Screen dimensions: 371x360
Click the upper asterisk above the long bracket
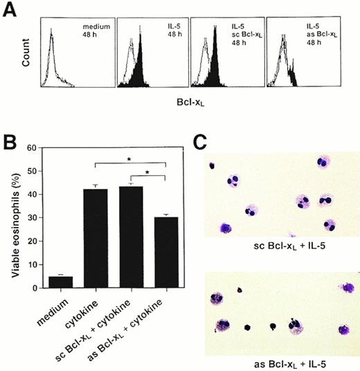point(130,160)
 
